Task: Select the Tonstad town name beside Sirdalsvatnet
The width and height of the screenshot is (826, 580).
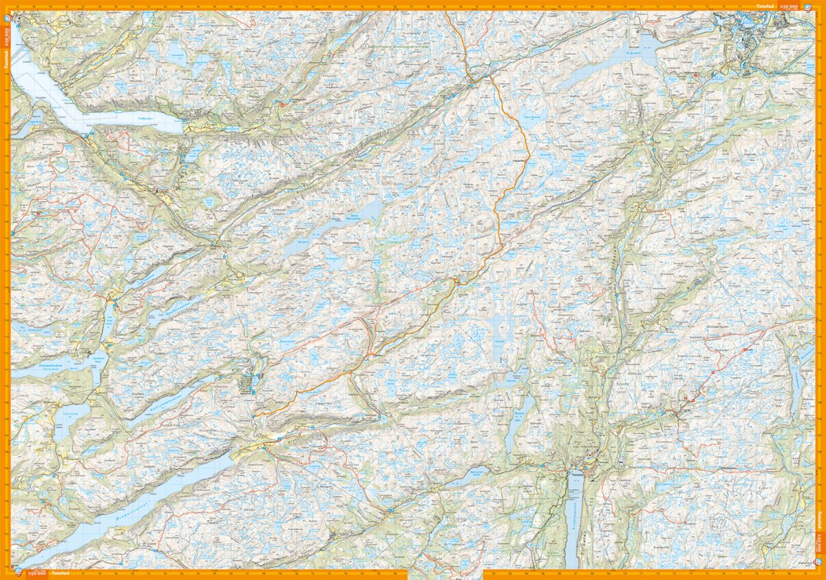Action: (x=575, y=473)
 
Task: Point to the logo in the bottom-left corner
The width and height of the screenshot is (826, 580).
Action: (x=15, y=573)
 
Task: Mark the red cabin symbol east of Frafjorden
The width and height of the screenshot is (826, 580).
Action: (x=282, y=105)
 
